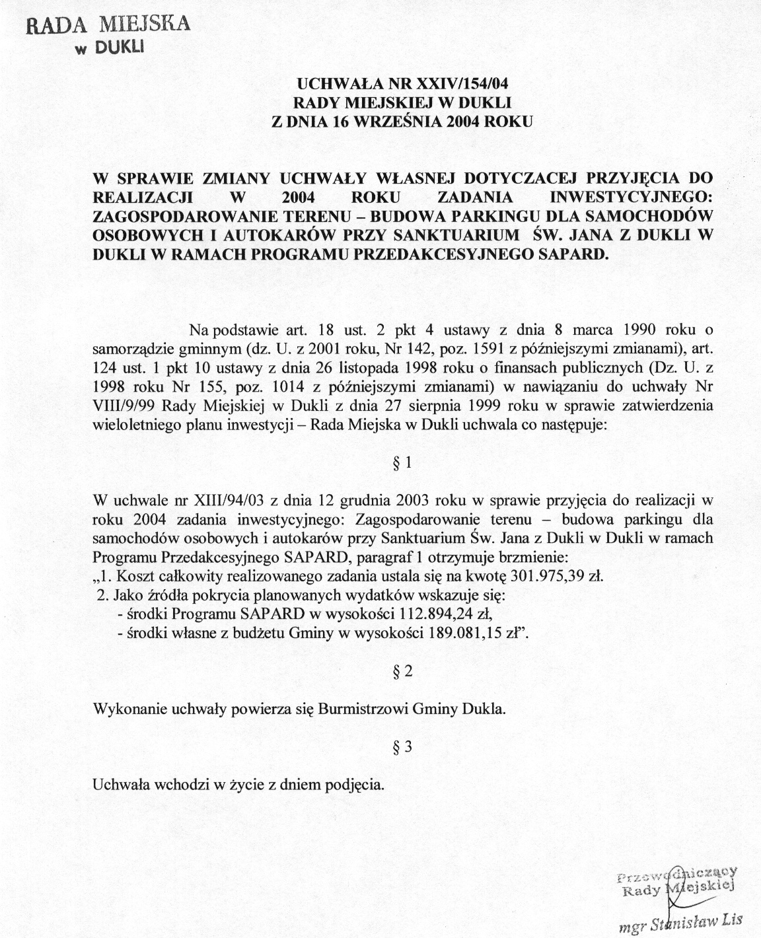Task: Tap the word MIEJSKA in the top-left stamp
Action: [x=145, y=24]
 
